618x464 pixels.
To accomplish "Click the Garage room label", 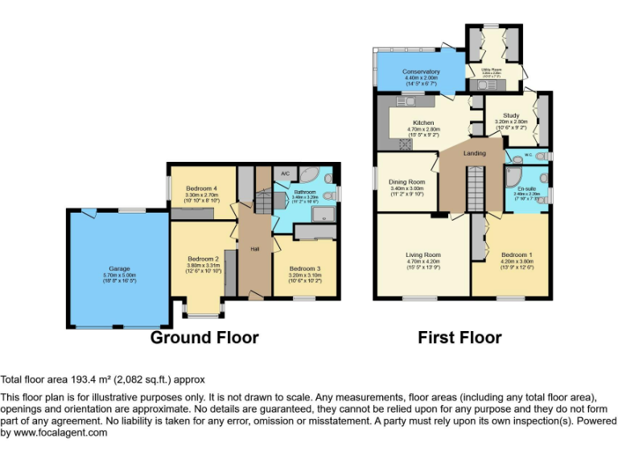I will click(x=119, y=268).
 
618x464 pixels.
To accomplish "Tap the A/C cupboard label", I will click(x=286, y=174).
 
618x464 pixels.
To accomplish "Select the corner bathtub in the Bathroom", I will click(x=310, y=176).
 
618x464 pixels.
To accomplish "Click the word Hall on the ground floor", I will click(x=254, y=249).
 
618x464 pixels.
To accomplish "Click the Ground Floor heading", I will click(x=204, y=337).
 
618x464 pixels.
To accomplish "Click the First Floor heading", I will click(x=459, y=337).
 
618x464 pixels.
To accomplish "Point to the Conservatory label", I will click(x=422, y=72).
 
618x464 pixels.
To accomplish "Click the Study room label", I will click(x=511, y=115).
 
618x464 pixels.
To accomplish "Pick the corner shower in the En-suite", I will click(x=514, y=176).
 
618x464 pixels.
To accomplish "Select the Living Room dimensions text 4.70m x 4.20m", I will click(x=423, y=261).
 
